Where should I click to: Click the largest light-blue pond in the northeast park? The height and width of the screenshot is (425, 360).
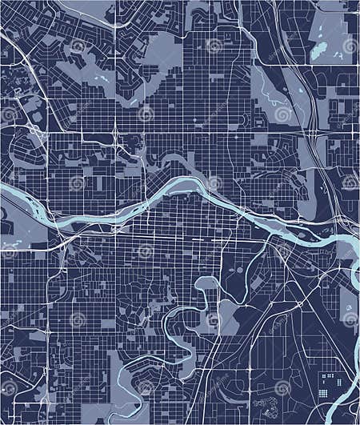pos(318,50)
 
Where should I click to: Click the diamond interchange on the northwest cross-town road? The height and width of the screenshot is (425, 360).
pos(115,132)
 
